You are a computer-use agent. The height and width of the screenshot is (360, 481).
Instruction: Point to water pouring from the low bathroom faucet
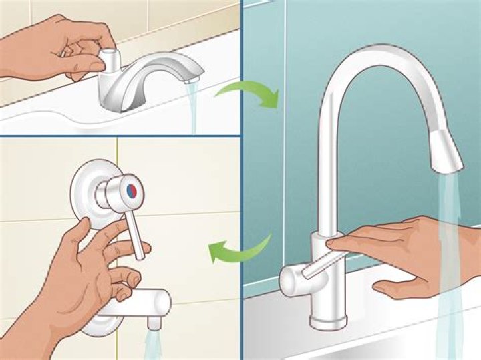pyautogui.click(x=194, y=107)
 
